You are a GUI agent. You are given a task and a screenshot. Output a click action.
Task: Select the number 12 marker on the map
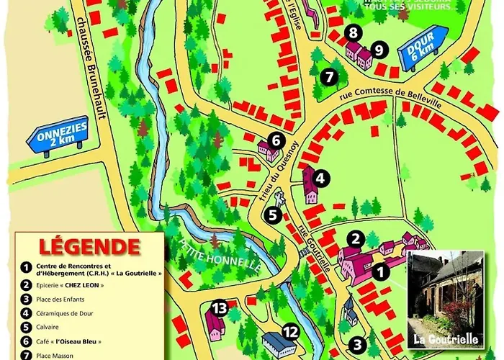coord(290,332)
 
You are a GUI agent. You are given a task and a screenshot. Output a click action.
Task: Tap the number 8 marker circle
coord(352,32)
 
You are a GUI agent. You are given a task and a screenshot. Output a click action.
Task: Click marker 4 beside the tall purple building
coord(321,178)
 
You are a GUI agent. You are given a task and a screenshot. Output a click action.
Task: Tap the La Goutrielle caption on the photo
coord(441,337)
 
